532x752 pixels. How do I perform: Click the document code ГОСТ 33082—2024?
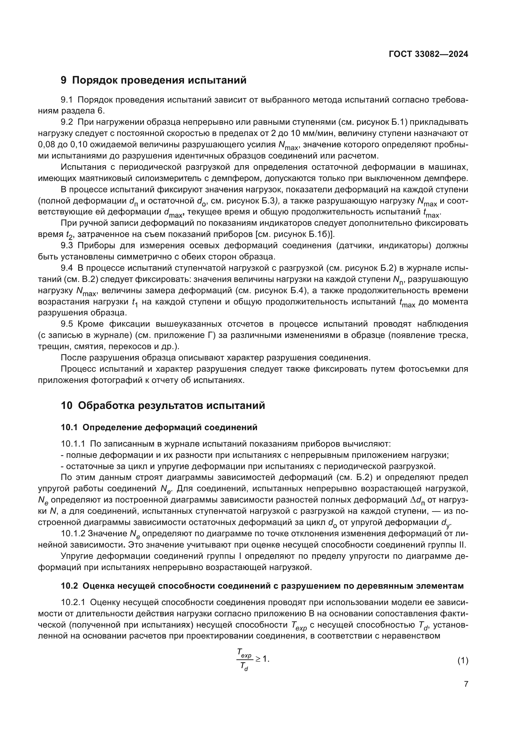pos(428,54)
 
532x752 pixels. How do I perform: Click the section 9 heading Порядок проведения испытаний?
pos(154,80)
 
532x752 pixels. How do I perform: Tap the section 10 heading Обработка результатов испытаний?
pos(163,405)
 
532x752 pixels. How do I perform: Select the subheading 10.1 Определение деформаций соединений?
pos(159,427)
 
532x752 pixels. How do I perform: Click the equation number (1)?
pos(463,661)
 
